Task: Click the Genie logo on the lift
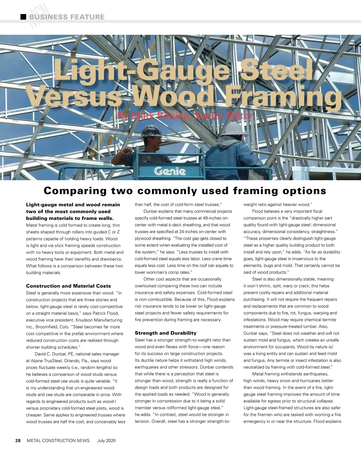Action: (170, 171)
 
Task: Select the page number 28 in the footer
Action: (18, 440)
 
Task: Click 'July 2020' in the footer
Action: (106, 440)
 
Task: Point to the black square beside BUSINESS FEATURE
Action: (23, 17)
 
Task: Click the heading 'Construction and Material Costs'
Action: (68, 286)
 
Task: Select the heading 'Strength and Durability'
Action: (165, 333)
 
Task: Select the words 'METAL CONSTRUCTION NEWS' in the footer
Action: (58, 440)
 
